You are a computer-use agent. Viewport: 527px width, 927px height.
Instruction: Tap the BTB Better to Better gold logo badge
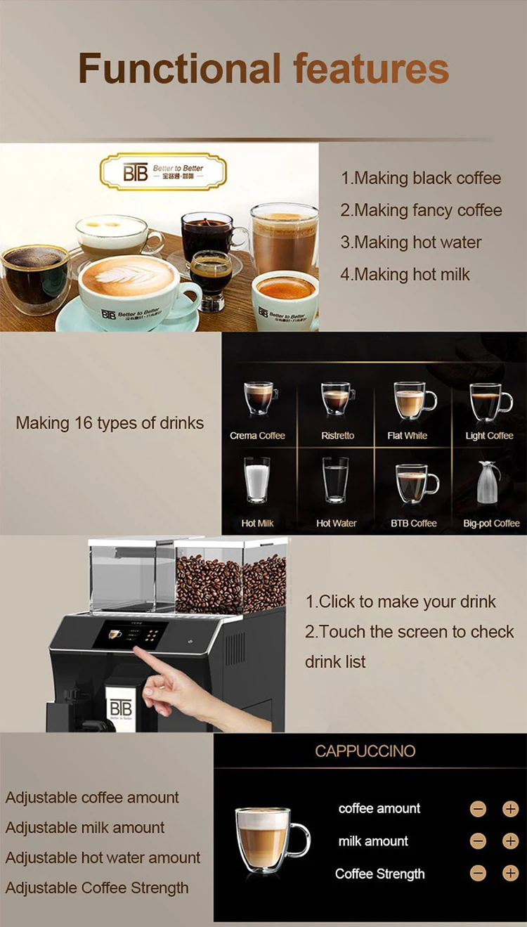164,172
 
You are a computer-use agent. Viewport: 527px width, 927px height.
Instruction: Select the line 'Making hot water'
411,242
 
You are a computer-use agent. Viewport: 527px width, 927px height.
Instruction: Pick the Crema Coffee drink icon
259,399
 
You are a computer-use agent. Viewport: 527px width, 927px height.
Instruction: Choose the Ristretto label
338,436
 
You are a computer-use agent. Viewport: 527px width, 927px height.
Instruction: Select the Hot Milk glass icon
256,481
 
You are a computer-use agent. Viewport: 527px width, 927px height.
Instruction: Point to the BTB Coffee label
414,523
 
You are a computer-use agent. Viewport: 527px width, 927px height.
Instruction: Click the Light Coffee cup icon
490,401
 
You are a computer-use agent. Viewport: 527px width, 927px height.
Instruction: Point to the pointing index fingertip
138,650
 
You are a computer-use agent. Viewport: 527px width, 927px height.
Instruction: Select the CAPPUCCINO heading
365,751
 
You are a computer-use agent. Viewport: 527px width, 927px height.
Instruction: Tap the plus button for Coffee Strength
510,874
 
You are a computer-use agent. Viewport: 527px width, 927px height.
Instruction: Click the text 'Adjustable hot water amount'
103,857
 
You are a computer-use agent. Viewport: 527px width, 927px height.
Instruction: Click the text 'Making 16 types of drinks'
110,423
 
